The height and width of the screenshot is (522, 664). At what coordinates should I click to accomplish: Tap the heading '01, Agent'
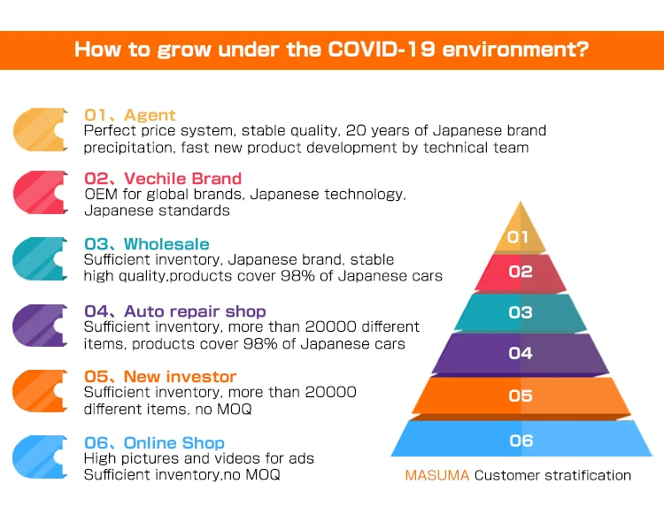129,115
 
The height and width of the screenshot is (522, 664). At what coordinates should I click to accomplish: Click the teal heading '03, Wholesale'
146,244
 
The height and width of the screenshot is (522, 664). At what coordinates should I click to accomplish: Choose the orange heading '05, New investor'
160,377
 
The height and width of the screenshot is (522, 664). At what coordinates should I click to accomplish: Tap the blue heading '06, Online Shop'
154,442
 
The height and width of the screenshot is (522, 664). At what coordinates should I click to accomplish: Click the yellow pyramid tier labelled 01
520,235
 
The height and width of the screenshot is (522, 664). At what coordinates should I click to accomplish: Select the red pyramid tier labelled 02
521,273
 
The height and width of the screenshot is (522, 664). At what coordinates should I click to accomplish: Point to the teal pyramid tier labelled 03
521,312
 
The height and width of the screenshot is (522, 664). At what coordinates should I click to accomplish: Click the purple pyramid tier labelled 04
521,353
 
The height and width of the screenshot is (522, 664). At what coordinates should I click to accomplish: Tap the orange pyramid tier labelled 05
521,395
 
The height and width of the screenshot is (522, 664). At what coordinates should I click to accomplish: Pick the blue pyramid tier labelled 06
521,440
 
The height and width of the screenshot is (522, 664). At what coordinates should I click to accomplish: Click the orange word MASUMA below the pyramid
436,475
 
